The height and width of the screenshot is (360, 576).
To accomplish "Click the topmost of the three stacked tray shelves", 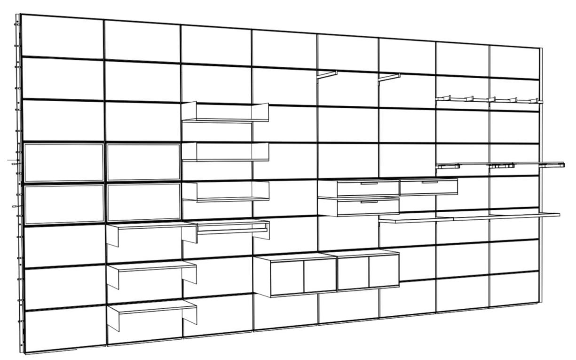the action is (x=225, y=113).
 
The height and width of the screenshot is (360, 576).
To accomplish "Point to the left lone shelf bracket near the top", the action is (x=327, y=75).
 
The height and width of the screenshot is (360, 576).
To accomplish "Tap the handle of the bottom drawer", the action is (x=369, y=202).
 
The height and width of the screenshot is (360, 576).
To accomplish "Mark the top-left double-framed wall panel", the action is (x=63, y=162).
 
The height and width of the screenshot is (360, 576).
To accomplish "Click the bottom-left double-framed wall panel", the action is (x=63, y=203).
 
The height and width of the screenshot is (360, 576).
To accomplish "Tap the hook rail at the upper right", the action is (x=489, y=100).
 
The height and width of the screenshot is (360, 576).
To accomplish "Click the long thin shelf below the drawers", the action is (x=470, y=217).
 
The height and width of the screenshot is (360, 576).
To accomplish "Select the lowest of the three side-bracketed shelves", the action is (x=151, y=308).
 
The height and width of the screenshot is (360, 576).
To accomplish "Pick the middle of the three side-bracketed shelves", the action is (x=151, y=267).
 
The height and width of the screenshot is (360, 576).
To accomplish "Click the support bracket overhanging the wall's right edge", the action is (x=553, y=165).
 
